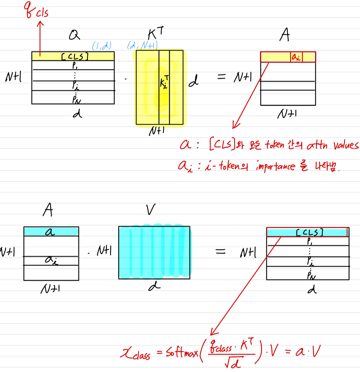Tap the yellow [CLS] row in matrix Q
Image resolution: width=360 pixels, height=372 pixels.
(73, 56)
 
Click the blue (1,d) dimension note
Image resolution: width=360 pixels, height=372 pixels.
(102, 45)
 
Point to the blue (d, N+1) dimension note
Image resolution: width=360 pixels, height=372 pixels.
(142, 45)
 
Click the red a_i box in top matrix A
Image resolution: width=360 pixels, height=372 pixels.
(296, 57)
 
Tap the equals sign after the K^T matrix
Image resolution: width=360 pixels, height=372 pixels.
(221, 77)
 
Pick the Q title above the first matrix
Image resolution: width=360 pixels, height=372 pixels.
(74, 35)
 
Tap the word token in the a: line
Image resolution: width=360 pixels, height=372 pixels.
(274, 144)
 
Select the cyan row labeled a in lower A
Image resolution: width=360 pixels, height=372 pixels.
(51, 232)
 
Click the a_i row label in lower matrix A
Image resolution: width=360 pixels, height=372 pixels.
(51, 260)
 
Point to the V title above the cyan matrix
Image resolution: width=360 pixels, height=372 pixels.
(151, 210)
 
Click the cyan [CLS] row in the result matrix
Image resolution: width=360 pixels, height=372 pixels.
(307, 232)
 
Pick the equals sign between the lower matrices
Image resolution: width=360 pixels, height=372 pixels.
(221, 251)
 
